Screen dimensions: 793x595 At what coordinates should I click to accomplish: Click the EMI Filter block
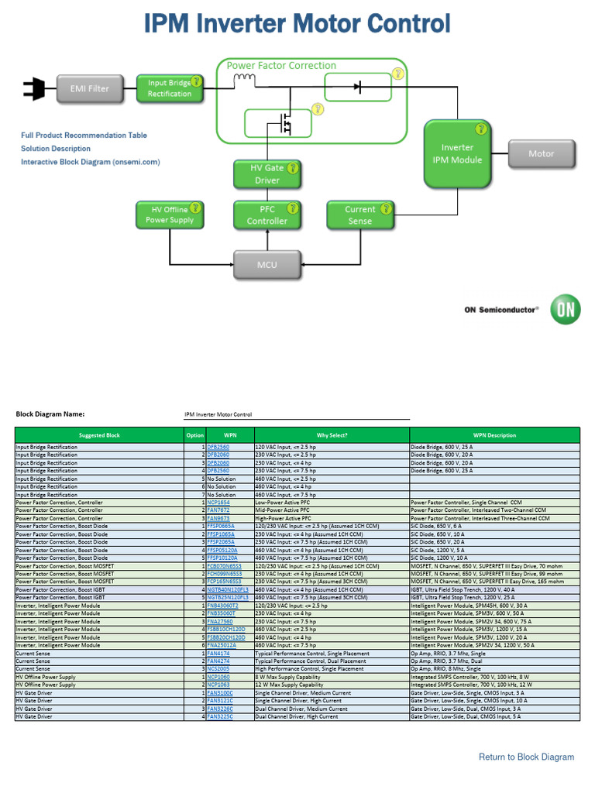point(90,89)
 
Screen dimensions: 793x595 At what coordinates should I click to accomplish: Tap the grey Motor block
point(541,154)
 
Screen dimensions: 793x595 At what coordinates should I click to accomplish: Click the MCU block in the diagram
point(267,265)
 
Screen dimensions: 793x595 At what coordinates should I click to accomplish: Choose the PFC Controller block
point(267,215)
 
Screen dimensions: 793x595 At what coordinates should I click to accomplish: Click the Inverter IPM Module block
point(457,153)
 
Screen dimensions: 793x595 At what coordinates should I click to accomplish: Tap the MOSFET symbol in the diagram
point(284,122)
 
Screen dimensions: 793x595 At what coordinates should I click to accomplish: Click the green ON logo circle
point(565,309)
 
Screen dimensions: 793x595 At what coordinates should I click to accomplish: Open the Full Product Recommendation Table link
point(84,136)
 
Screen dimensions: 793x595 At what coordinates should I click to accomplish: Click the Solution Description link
point(56,149)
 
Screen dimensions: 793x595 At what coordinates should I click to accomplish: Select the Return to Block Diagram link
point(526,757)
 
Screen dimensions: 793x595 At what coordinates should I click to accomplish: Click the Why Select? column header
point(332,435)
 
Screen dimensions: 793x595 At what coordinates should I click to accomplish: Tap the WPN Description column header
point(494,435)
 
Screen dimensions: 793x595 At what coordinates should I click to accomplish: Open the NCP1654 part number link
point(218,503)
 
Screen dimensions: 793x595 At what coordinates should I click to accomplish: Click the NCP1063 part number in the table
point(218,685)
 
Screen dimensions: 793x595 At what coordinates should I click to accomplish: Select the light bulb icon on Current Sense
point(384,208)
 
